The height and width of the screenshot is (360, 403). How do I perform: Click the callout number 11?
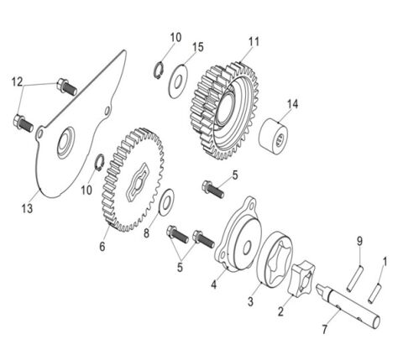pos(254,40)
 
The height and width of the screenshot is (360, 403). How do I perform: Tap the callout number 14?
pos(292,105)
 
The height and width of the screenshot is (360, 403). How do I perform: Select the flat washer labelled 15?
pos(179,81)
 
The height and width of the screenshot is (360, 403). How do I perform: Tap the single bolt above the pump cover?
pos(213,188)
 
